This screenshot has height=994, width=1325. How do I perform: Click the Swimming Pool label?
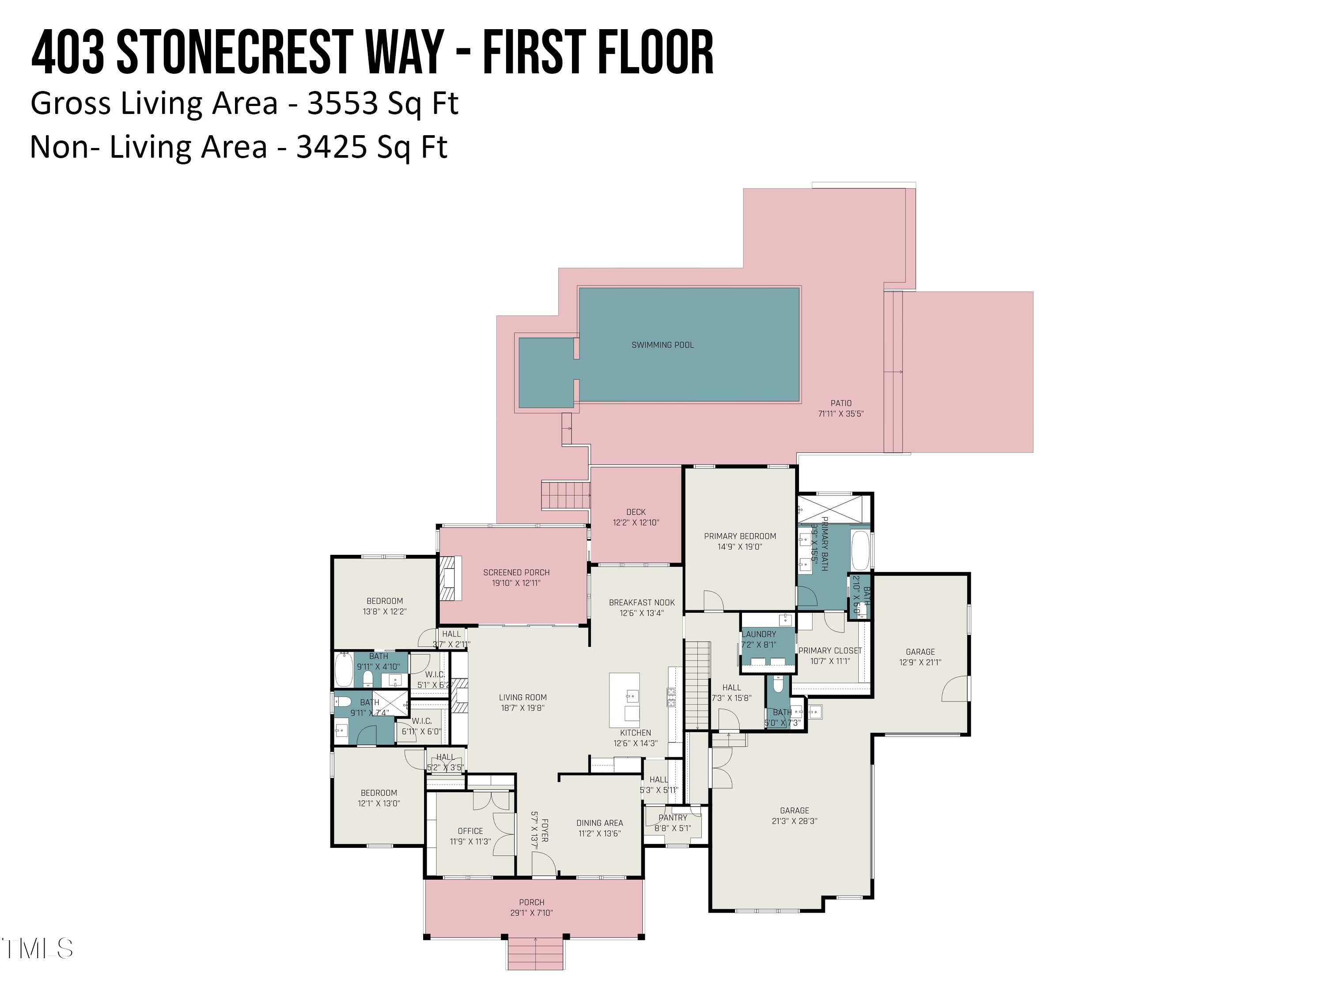pos(662,345)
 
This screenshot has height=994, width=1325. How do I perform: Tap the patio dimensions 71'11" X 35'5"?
pos(840,414)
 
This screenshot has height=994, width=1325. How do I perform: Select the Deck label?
pos(636,512)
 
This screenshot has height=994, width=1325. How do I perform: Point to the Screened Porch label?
pos(516,572)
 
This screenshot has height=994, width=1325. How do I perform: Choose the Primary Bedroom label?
pos(740,535)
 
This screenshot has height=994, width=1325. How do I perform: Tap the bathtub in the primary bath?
pos(860,550)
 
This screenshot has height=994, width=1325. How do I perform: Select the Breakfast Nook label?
pos(642,602)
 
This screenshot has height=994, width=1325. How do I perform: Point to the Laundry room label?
pos(760,634)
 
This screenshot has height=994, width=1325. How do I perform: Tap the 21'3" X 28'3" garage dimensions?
pos(794,821)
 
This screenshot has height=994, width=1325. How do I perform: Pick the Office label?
pos(470,831)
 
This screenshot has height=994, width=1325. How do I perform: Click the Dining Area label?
pos(600,823)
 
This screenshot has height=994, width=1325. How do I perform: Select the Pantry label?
pos(673,817)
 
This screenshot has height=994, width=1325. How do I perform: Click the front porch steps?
pos(535,953)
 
